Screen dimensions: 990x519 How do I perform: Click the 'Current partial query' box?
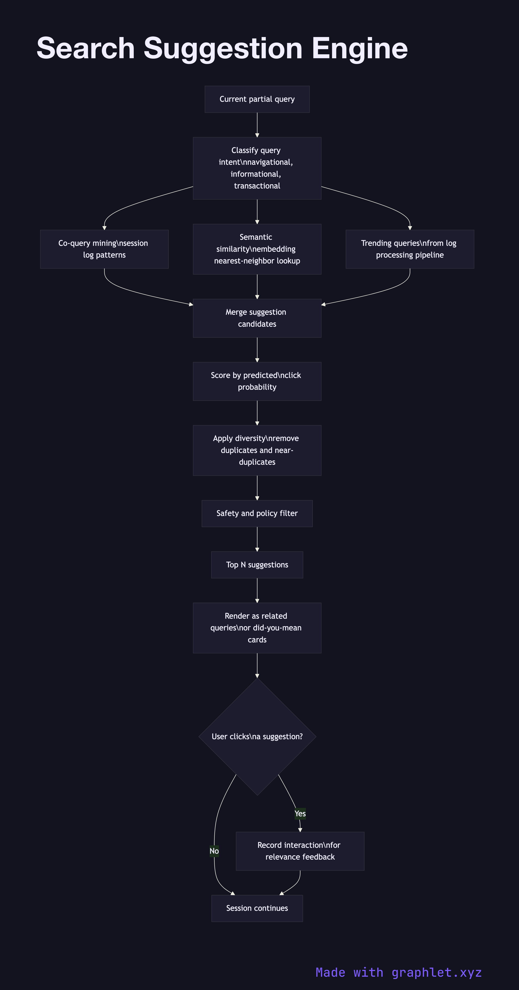click(x=257, y=99)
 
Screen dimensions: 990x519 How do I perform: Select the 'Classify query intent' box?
click(x=257, y=168)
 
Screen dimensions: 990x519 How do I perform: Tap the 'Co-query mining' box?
click(x=104, y=249)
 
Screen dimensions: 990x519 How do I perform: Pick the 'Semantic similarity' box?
click(x=257, y=249)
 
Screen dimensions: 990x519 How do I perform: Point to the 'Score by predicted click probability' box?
click(x=257, y=381)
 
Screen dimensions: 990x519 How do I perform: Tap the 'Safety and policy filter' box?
click(x=257, y=514)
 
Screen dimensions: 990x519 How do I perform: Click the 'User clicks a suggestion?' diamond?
click(x=257, y=736)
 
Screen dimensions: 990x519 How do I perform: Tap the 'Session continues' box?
click(x=257, y=908)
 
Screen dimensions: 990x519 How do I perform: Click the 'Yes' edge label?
click(x=300, y=814)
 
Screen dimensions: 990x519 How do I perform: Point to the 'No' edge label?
click(x=214, y=851)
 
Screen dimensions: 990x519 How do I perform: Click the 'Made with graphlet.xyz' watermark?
click(x=398, y=972)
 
